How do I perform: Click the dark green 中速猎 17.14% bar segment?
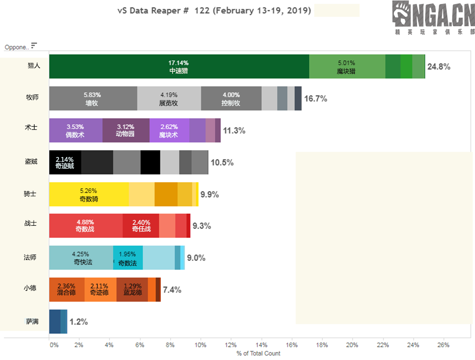pyautogui.click(x=179, y=67)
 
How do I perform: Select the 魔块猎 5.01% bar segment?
pyautogui.click(x=346, y=67)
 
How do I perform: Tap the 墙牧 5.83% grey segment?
pyautogui.click(x=93, y=99)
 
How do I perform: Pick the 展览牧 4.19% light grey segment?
pyautogui.click(x=169, y=99)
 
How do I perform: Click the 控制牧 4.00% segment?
pyautogui.click(x=231, y=99)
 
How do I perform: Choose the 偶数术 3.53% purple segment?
pyautogui.click(x=76, y=131)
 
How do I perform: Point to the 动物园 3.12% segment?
pyautogui.click(x=125, y=131)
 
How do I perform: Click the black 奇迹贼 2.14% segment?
pyautogui.click(x=65, y=162)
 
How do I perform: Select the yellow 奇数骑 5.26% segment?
pyautogui.click(x=89, y=194)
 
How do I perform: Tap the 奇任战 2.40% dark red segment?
pyautogui.click(x=141, y=226)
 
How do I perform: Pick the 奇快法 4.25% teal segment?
pyautogui.click(x=81, y=257)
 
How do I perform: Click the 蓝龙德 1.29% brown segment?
pyautogui.click(x=132, y=289)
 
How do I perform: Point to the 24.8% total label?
pyautogui.click(x=439, y=67)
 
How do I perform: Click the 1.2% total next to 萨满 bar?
pyautogui.click(x=79, y=321)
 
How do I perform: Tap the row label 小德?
pyautogui.click(x=30, y=288)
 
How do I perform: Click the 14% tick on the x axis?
pyautogui.click(x=261, y=345)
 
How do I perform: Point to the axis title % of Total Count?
pyautogui.click(x=258, y=354)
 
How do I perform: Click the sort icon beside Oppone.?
pyautogui.click(x=34, y=46)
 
